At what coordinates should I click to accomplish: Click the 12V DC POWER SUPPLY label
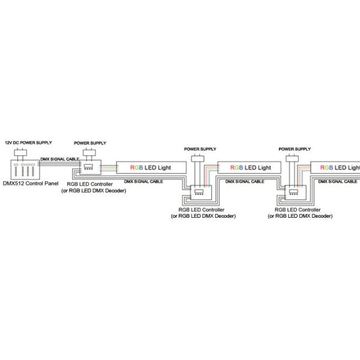click(28, 143)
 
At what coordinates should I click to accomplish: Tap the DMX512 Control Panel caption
click(31, 184)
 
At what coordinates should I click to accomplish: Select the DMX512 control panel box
click(25, 170)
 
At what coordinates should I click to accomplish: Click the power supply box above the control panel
click(20, 152)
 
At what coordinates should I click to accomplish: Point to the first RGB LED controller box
click(90, 167)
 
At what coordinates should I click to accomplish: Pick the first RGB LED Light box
click(151, 167)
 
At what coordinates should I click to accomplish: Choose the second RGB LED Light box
click(250, 167)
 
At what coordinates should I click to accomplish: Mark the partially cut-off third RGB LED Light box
click(335, 167)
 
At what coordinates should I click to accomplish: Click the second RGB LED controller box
click(202, 193)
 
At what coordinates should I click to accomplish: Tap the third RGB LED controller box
click(296, 193)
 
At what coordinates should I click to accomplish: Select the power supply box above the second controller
click(197, 158)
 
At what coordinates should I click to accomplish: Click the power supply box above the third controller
click(292, 158)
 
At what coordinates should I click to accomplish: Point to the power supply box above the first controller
click(89, 152)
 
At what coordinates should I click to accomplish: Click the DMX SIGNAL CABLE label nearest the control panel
click(60, 159)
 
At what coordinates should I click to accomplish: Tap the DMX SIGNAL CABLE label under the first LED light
click(143, 181)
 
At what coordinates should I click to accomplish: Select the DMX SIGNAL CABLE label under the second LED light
click(245, 181)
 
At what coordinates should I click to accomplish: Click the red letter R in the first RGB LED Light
click(132, 167)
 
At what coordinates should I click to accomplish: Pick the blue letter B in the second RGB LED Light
click(241, 167)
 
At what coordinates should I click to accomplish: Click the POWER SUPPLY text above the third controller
click(295, 149)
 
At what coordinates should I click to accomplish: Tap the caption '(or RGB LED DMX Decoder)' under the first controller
click(94, 191)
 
